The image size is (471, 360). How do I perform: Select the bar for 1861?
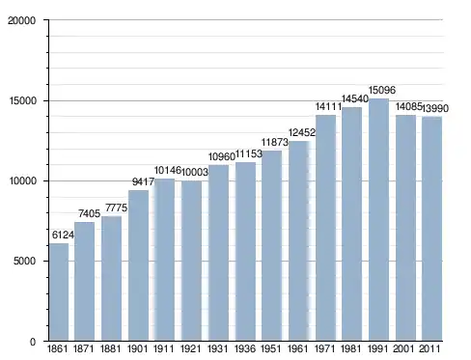(x=59, y=291)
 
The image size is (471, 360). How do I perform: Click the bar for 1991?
(x=378, y=219)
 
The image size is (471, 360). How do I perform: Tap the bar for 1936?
(x=245, y=251)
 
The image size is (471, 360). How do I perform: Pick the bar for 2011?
(x=431, y=229)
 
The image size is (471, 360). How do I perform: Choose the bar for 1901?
(x=138, y=265)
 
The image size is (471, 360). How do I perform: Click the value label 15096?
(x=382, y=90)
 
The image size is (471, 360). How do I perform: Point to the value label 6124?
(x=63, y=235)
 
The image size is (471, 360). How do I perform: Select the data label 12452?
(x=302, y=132)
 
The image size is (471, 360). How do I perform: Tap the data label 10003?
(x=195, y=172)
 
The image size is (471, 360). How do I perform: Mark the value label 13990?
(x=435, y=108)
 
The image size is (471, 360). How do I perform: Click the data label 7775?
(x=117, y=208)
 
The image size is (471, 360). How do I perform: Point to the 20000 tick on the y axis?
(x=21, y=20)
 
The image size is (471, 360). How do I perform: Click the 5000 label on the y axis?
(x=24, y=261)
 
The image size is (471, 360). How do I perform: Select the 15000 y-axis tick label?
(x=22, y=100)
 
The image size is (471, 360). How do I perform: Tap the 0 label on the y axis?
(x=33, y=342)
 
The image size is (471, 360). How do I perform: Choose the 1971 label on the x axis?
(x=325, y=348)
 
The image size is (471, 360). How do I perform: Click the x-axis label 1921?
(x=190, y=348)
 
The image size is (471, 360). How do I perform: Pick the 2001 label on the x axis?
(x=403, y=348)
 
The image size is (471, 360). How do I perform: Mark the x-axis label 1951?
(x=271, y=348)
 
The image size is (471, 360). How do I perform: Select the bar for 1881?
(x=111, y=278)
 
